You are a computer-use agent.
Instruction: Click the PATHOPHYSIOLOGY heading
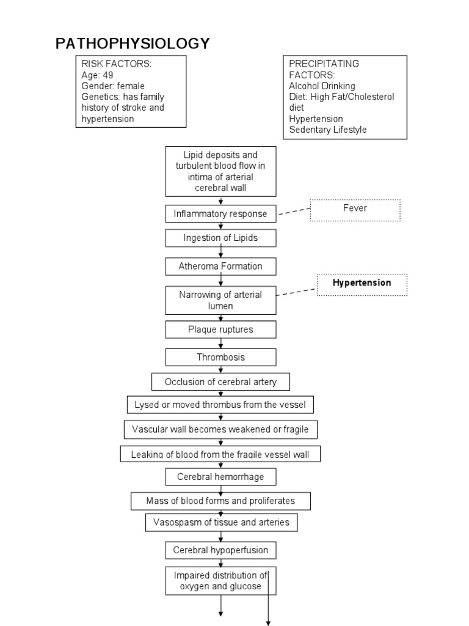click(x=133, y=44)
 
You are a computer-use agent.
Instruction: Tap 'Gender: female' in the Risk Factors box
click(x=113, y=86)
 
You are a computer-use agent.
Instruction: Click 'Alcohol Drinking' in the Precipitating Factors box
click(x=322, y=86)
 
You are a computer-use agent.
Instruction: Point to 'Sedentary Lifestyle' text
click(x=328, y=130)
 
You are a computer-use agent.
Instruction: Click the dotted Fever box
click(x=355, y=209)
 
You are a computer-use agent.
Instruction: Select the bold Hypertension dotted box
click(x=362, y=284)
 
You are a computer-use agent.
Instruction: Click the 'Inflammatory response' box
click(x=220, y=214)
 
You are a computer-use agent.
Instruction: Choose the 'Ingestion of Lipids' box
click(x=220, y=238)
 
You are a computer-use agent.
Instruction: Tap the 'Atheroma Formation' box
click(x=220, y=267)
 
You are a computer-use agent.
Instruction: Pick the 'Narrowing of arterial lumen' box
click(x=220, y=300)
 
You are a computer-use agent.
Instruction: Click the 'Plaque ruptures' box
click(x=220, y=330)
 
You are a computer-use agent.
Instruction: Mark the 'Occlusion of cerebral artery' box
click(x=220, y=382)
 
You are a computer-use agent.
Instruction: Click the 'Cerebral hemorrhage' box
click(x=220, y=476)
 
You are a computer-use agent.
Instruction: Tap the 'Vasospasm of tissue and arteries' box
click(x=221, y=523)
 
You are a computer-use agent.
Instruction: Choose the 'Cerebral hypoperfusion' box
click(x=220, y=550)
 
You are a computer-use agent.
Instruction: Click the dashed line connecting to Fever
click(x=293, y=212)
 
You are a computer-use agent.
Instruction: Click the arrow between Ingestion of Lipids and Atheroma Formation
click(x=221, y=252)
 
